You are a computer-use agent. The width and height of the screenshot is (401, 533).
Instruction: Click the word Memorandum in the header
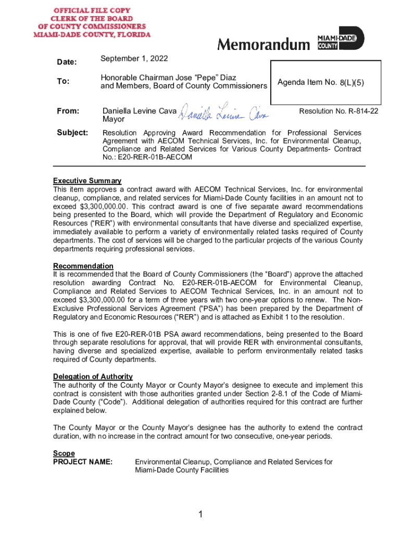pos(263,45)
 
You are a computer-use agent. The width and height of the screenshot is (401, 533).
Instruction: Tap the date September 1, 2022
pos(134,58)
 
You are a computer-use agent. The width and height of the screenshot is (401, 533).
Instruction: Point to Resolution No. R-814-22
pos(339,111)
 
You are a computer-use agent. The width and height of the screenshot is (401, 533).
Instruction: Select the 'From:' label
pos(68,111)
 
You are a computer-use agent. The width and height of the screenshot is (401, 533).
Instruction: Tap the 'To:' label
pos(62,81)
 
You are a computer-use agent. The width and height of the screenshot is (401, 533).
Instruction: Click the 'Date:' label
pos(66,62)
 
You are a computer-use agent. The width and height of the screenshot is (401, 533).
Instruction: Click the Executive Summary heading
pos(87,181)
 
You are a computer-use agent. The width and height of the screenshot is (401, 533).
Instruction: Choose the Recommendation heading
pos(83,266)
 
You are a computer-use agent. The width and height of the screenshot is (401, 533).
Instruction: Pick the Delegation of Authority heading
pos(93,376)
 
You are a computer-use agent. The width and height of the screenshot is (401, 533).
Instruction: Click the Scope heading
pos(64,453)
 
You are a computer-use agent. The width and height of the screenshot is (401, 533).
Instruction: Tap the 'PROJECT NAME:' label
pos(83,462)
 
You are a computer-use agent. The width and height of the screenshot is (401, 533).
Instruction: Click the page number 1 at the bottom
pos(200,515)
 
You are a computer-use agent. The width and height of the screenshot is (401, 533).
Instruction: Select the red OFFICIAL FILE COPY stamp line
pos(92,10)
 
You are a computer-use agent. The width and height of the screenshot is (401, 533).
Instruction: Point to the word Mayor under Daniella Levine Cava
pos(113,119)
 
